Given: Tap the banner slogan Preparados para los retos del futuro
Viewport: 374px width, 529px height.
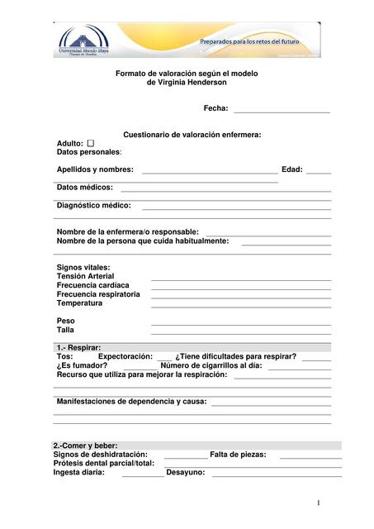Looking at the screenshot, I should pos(249,41).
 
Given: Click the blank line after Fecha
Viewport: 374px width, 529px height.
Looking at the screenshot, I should pos(282,110).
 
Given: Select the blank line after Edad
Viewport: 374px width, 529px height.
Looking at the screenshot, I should pos(318,172).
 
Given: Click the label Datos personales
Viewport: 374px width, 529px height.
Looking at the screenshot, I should pos(88,152).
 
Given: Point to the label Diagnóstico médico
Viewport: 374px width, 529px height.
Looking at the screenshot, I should pos(93,205).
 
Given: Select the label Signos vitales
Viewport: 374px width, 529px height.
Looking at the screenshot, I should pos(83,268).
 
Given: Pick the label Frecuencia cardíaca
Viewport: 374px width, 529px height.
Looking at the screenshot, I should pos(92,285).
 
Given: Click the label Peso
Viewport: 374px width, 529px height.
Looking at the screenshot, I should pos(65,321).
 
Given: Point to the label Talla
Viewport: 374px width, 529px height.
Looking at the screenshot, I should pos(65,330).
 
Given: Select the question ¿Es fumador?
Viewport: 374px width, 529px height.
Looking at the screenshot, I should pos(82,365).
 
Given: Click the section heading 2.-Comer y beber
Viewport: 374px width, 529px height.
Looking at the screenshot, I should pos(85,446).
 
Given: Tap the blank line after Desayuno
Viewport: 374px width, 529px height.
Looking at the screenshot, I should pos(276,475).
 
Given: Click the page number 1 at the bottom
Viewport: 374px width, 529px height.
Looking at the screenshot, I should pos(318,503).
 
